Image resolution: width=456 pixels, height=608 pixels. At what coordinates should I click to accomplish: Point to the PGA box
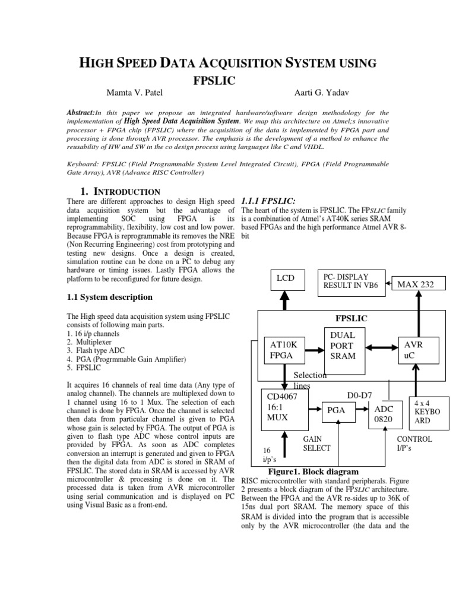337,409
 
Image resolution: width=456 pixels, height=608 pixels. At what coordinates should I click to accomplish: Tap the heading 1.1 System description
109,297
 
